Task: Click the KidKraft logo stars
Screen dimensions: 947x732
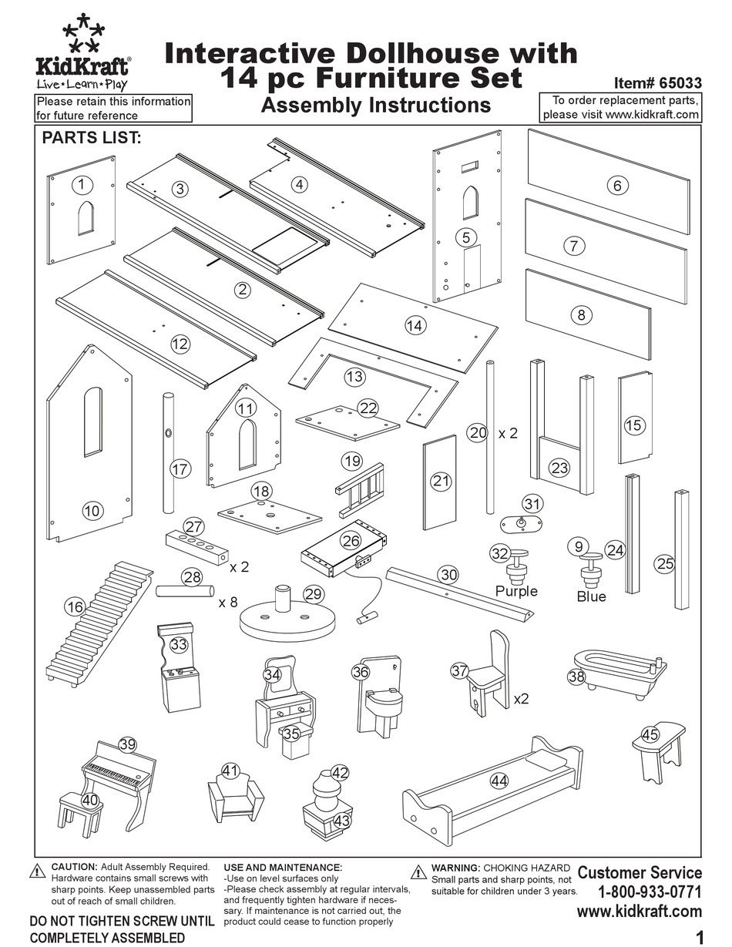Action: click(x=83, y=35)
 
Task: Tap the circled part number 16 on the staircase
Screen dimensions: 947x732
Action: click(x=75, y=607)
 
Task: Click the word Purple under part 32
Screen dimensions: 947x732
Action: click(x=516, y=591)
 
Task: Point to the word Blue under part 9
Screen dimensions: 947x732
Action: click(x=591, y=596)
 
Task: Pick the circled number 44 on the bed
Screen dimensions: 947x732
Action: click(x=499, y=781)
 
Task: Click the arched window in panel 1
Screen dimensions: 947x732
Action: click(x=86, y=218)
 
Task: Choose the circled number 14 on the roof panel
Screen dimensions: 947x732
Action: click(x=415, y=325)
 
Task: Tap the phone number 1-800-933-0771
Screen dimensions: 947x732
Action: click(x=650, y=892)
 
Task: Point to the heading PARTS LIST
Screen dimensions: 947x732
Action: click(x=91, y=138)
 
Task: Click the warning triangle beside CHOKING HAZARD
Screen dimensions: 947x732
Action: click(x=419, y=871)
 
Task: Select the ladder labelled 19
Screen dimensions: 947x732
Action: click(x=361, y=489)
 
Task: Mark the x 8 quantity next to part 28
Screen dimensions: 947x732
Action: click(x=227, y=601)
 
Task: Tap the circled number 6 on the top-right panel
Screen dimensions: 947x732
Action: click(x=617, y=185)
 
